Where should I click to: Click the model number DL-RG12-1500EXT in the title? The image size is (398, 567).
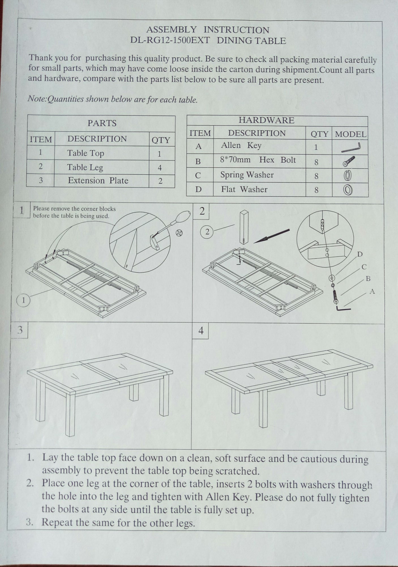click(170, 40)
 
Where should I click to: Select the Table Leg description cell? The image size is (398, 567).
click(85, 167)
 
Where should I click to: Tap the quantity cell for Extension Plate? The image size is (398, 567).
click(160, 181)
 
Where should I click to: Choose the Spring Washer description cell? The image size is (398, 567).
click(247, 175)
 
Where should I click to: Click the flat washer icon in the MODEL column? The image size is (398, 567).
click(348, 190)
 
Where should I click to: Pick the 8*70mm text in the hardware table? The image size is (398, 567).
click(235, 160)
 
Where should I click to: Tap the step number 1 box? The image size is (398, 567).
click(22, 211)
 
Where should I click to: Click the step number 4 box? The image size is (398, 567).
click(201, 330)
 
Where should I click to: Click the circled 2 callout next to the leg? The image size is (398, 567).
click(207, 232)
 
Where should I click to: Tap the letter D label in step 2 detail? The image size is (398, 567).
click(360, 254)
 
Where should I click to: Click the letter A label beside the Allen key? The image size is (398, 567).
click(372, 291)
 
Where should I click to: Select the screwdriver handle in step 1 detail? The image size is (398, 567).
click(181, 217)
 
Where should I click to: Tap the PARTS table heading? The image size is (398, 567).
click(102, 123)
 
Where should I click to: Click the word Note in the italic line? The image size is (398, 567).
click(36, 99)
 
